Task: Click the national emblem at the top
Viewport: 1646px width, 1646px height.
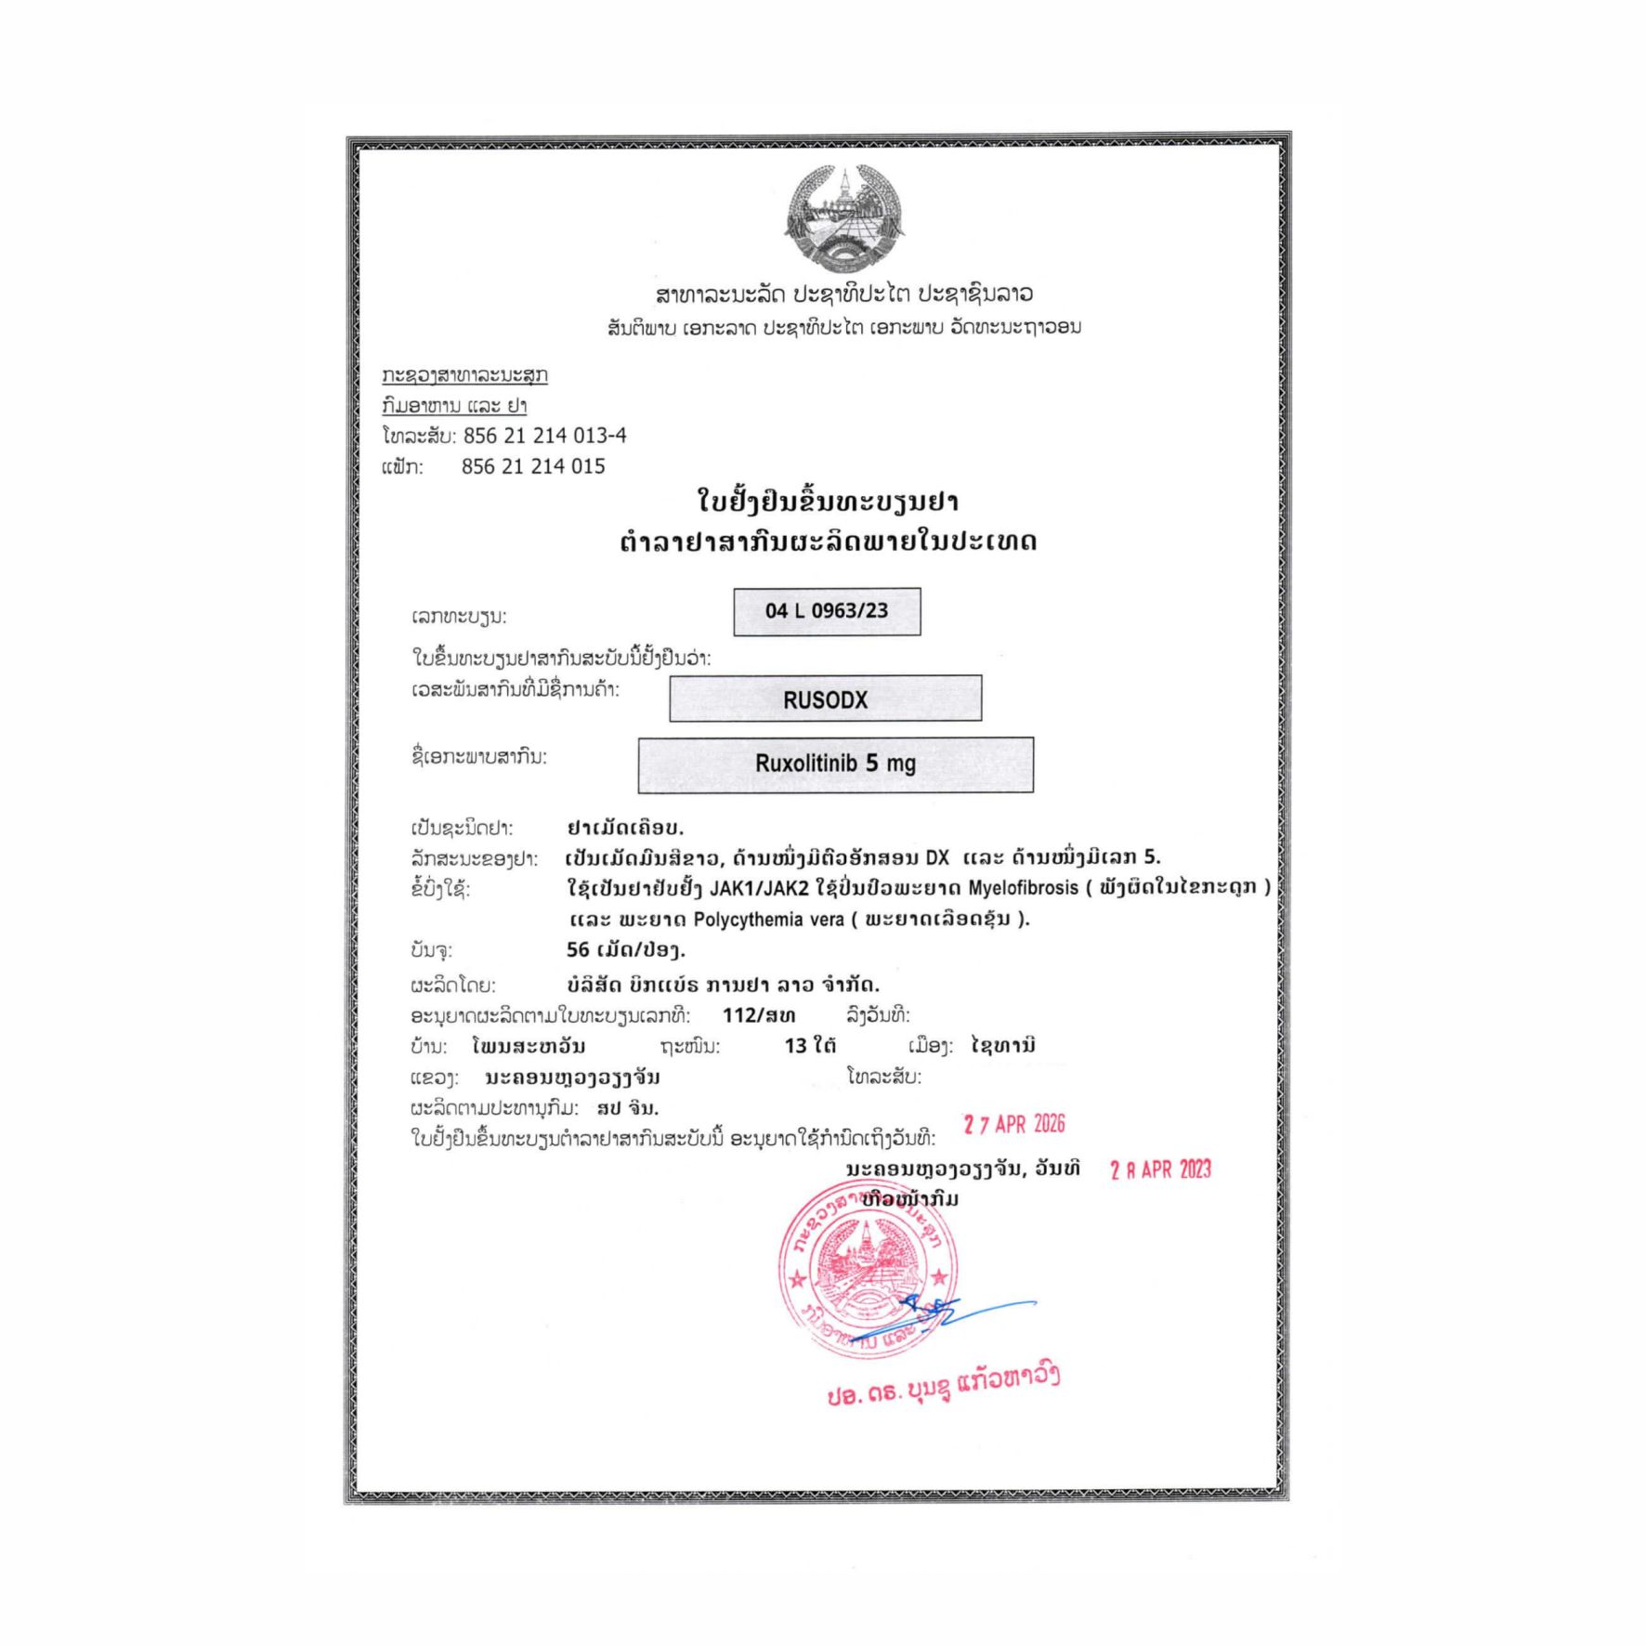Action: coord(843,217)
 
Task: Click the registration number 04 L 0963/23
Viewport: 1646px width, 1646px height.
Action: coord(827,611)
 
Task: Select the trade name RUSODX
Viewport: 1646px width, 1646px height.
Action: coord(825,699)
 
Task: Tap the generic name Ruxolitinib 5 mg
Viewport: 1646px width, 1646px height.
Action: coord(835,764)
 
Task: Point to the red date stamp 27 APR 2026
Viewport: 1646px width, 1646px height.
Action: coord(1014,1125)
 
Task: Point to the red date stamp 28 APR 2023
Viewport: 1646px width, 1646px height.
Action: coord(1160,1169)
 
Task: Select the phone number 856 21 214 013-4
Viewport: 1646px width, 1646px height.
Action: coord(545,436)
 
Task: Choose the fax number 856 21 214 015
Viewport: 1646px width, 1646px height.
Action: coord(533,466)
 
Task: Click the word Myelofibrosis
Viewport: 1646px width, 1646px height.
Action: coord(1023,888)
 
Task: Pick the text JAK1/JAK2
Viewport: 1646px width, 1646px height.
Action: coord(759,888)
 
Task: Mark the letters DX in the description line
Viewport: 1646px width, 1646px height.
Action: coord(937,857)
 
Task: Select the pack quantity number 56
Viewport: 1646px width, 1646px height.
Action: coord(578,949)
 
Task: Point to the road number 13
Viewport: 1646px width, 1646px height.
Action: coord(795,1046)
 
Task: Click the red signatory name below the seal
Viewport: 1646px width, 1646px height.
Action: coord(943,1385)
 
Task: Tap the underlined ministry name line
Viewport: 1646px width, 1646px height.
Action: coord(464,375)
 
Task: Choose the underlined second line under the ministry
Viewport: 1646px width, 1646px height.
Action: coord(454,406)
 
